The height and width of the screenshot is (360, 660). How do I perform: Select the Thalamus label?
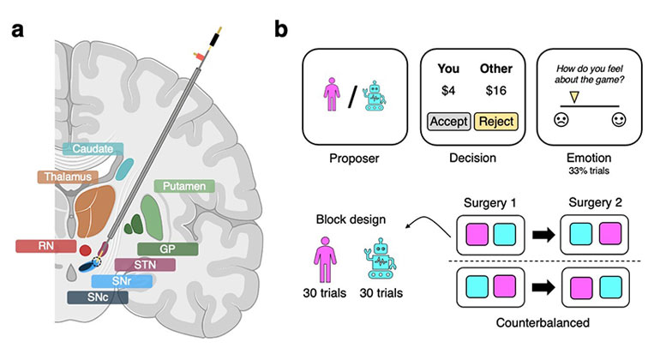point(69,177)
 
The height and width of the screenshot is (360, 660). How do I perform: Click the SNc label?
point(97,297)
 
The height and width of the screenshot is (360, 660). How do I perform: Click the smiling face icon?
point(618,119)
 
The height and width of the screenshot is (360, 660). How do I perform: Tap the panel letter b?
point(280,29)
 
